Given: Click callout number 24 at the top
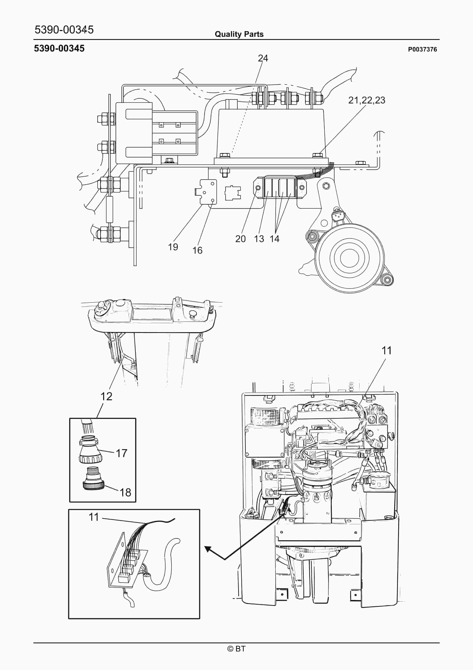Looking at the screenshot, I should pos(263,58).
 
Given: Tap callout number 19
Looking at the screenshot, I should pos(173,247).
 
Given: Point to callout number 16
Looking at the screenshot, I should pos(197,250).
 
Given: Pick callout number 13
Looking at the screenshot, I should pos(259,239).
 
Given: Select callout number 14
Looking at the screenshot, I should pos(274,239).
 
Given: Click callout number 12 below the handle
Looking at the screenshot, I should pos(106,396).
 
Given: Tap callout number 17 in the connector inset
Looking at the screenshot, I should pos(122,453).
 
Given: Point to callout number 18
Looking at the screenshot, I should pos(125,493).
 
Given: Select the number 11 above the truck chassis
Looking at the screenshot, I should pos(387,351).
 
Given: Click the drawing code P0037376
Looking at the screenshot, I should pos(422,50).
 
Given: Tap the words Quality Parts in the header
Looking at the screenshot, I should pos(239,34).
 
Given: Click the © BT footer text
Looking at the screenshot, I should pos(236,649).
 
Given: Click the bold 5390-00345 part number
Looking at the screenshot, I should pos(59,49).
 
